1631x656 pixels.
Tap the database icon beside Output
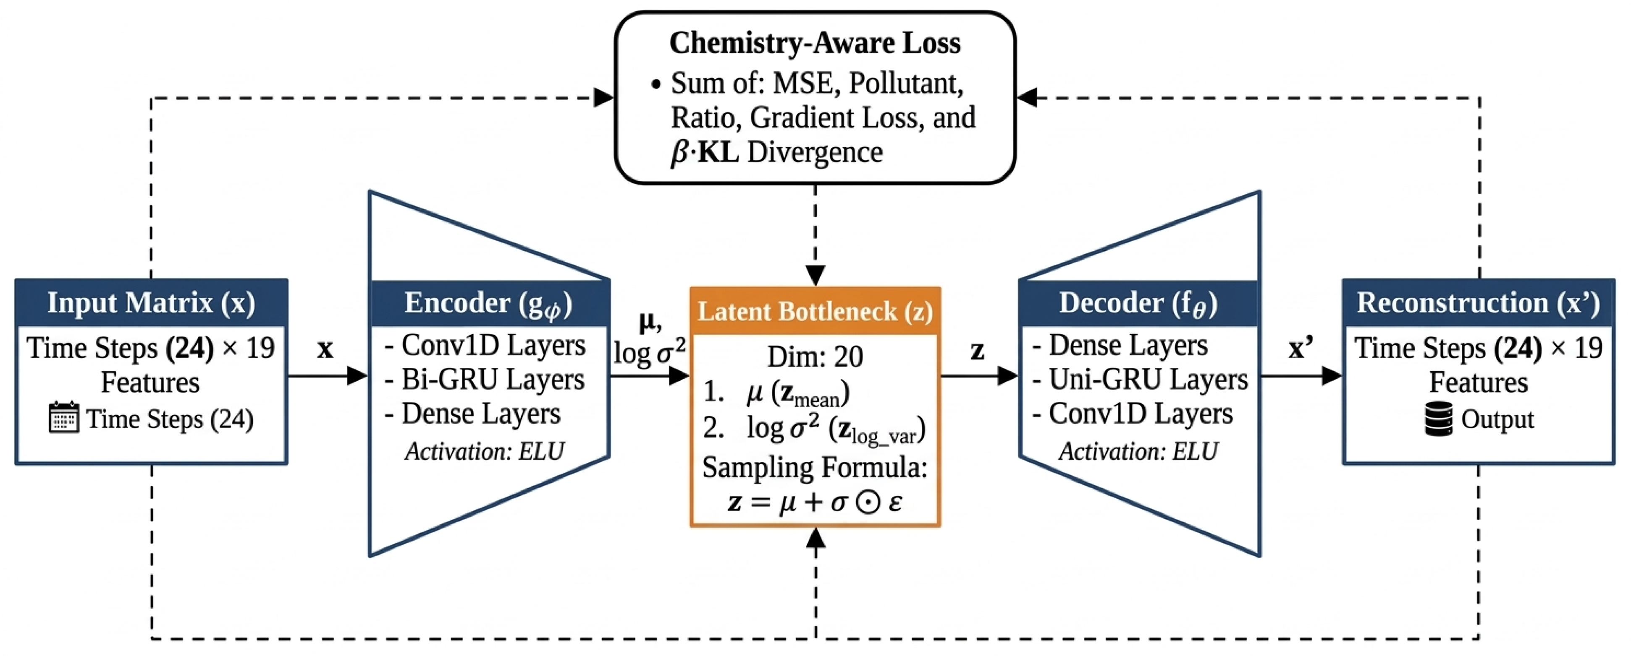pyautogui.click(x=1439, y=419)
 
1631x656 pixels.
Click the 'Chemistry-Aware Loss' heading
pyautogui.click(x=815, y=43)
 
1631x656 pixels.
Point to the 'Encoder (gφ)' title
pyautogui.click(x=488, y=304)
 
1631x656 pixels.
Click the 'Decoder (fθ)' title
pyautogui.click(x=1138, y=304)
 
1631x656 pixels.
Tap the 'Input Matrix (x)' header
pyautogui.click(x=151, y=303)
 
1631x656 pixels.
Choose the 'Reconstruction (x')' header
pyautogui.click(x=1479, y=303)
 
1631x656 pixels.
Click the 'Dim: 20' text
pyautogui.click(x=815, y=357)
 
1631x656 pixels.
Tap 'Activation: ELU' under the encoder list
pyautogui.click(x=484, y=452)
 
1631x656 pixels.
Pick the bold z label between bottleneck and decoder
pyautogui.click(x=978, y=351)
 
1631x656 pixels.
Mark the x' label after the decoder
pyautogui.click(x=1301, y=348)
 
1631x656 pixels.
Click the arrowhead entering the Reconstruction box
pyautogui.click(x=1332, y=376)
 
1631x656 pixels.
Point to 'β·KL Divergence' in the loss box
pyautogui.click(x=777, y=152)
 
